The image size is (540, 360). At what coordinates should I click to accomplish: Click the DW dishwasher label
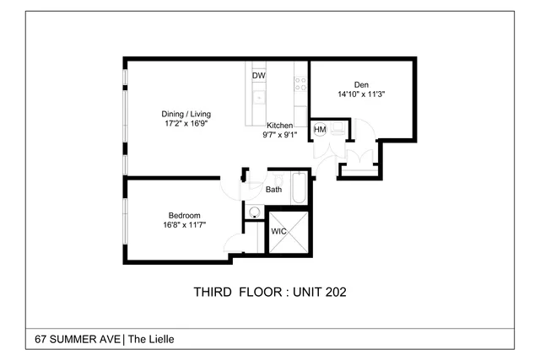tap(259, 75)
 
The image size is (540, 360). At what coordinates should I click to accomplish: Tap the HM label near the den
tap(320, 130)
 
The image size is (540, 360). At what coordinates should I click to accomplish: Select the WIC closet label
tap(278, 231)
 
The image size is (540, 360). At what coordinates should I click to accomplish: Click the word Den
tap(361, 84)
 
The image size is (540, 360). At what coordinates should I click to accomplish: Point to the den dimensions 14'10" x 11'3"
tap(361, 94)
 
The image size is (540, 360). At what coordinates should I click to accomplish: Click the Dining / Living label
tap(186, 114)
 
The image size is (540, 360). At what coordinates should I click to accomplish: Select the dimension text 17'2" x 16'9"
tap(186, 123)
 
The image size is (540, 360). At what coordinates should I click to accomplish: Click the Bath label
tap(274, 190)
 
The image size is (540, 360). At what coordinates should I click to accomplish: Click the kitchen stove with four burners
tap(300, 83)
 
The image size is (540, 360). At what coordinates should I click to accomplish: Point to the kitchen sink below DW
tap(260, 97)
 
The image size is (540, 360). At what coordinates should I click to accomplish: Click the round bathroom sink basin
tap(252, 212)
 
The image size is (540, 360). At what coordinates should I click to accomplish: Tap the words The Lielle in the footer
tap(151, 340)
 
